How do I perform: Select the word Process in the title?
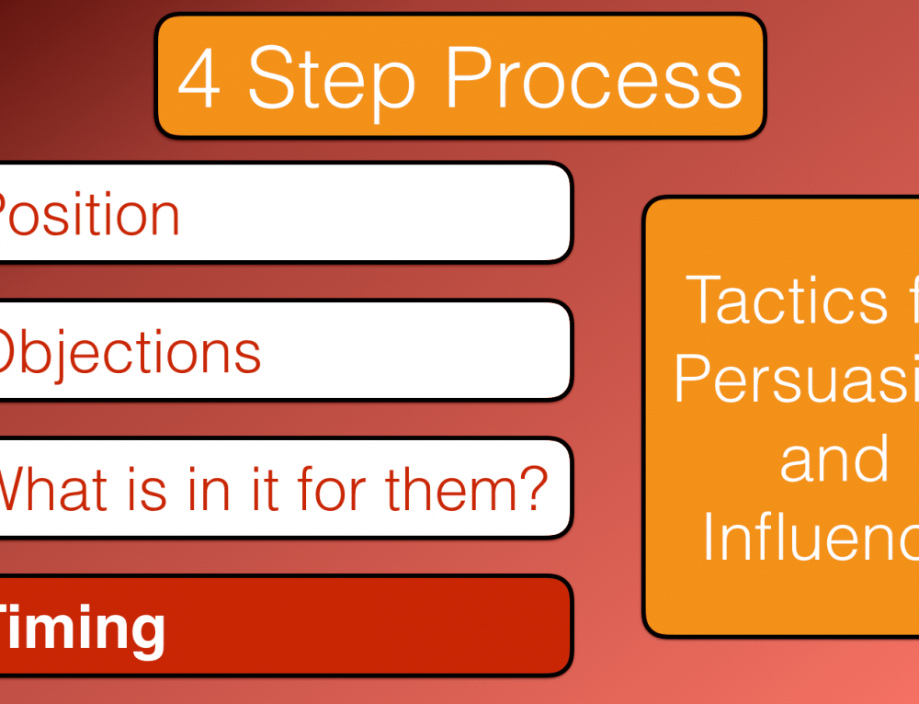tap(594, 78)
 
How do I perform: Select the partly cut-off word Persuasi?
tap(796, 379)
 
